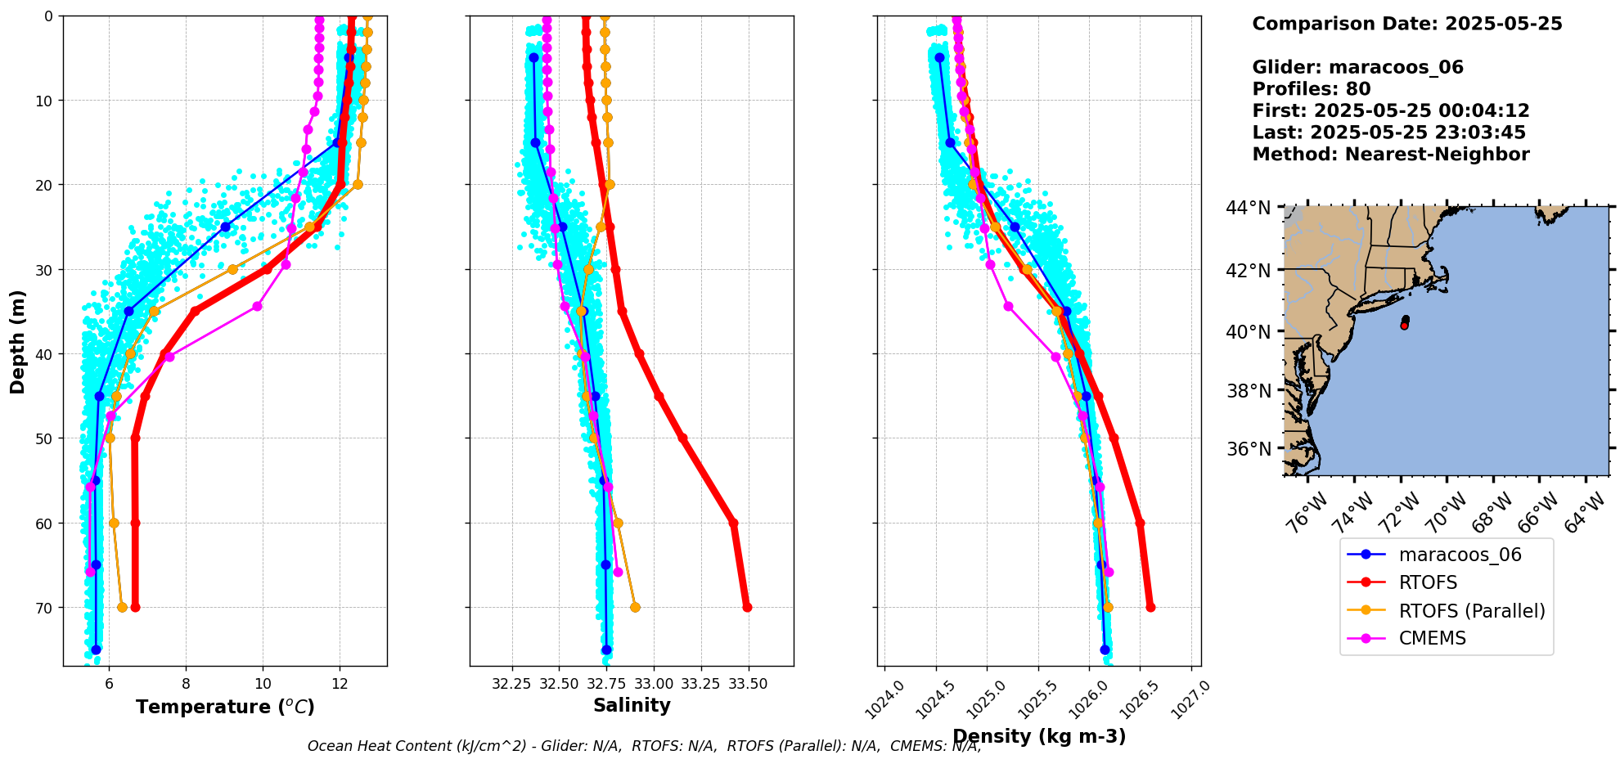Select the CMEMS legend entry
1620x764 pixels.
point(1432,638)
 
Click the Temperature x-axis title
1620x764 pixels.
point(225,707)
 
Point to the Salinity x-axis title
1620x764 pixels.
point(632,705)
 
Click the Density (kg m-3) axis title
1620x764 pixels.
point(1039,736)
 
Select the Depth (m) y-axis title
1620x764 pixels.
point(18,341)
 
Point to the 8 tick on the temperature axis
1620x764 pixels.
point(186,683)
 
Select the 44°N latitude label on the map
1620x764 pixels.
point(1248,208)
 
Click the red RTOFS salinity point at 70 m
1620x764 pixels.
point(747,607)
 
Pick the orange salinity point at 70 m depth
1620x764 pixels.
point(635,607)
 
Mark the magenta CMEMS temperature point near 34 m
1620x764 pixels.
point(257,306)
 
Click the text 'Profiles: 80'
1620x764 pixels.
point(1311,89)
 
